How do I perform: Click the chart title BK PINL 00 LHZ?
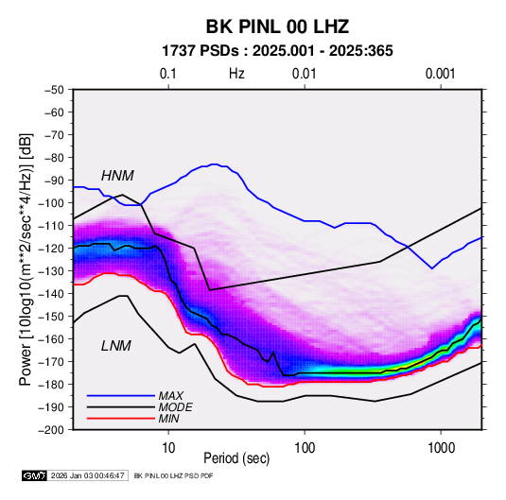[x=277, y=26]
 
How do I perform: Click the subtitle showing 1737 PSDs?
[x=277, y=51]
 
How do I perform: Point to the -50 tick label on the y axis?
[x=54, y=90]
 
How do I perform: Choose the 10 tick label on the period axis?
[x=168, y=448]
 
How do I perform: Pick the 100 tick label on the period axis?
[x=305, y=448]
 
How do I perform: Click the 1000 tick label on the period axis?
[x=441, y=448]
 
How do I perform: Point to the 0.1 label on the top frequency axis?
[x=168, y=74]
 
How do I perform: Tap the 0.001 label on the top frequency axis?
[x=441, y=74]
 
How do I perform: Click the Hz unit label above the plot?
[x=236, y=74]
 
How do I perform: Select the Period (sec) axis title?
[x=236, y=458]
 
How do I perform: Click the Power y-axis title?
[x=26, y=260]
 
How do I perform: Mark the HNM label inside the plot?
[x=117, y=176]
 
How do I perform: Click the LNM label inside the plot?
[x=116, y=346]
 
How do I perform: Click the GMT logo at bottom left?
[x=34, y=475]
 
